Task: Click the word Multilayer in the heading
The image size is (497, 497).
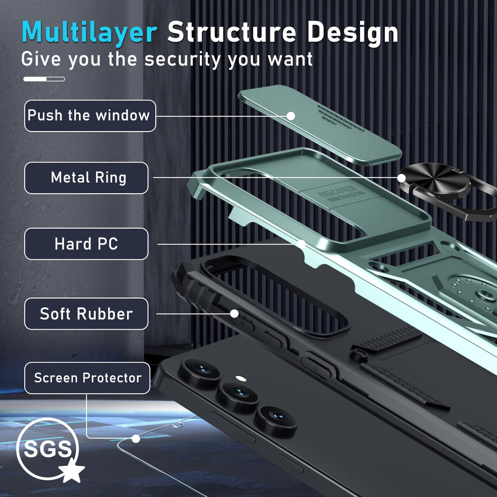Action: pyautogui.click(x=89, y=33)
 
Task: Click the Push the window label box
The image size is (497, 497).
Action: pyautogui.click(x=90, y=116)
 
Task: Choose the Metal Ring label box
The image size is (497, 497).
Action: pyautogui.click(x=86, y=178)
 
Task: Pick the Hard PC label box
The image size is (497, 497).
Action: pyautogui.click(x=86, y=244)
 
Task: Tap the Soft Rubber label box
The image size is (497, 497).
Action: pyautogui.click(x=86, y=314)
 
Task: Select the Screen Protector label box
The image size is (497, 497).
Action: pyautogui.click(x=87, y=378)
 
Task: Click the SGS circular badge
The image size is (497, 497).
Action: pyautogui.click(x=48, y=449)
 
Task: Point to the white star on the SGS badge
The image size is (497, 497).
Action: pyautogui.click(x=72, y=470)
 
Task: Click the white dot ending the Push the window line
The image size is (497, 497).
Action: pyautogui.click(x=291, y=116)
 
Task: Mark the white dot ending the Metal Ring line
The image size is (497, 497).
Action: pyautogui.click(x=401, y=178)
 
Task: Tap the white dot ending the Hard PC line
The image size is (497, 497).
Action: pyautogui.click(x=302, y=244)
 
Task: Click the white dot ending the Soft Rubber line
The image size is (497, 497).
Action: pyautogui.click(x=234, y=314)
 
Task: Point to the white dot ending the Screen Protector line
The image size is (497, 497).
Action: pyautogui.click(x=136, y=439)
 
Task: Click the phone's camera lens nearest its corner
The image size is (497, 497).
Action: pyautogui.click(x=199, y=373)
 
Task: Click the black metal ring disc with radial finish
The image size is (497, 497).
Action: pyautogui.click(x=434, y=181)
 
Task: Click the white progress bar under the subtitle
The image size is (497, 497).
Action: pyautogui.click(x=44, y=79)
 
